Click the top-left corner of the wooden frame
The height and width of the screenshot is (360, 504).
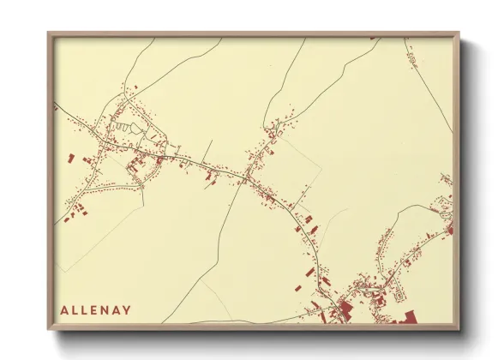[x=49, y=33]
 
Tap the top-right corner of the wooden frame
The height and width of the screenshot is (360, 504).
[x=459, y=33]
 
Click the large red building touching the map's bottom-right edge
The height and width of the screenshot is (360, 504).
[x=408, y=318]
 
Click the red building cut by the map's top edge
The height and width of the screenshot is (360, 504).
[x=374, y=39]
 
